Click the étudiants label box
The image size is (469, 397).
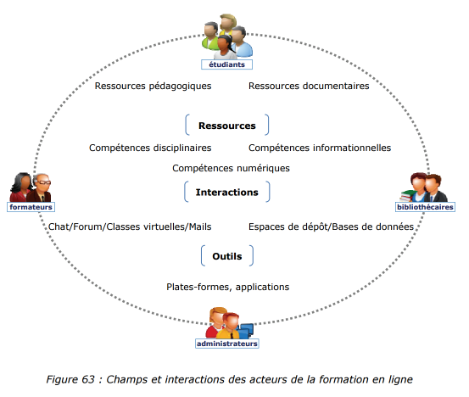pyautogui.click(x=226, y=64)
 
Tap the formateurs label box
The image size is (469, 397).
pyautogui.click(x=31, y=207)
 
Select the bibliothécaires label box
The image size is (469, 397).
pyautogui.click(x=425, y=207)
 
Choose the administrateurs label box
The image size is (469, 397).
pyautogui.click(x=227, y=344)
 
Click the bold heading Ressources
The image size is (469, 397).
pyautogui.click(x=227, y=126)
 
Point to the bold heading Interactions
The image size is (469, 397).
pyautogui.click(x=227, y=192)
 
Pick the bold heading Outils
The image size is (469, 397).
pyautogui.click(x=227, y=256)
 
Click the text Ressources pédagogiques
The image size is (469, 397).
pyautogui.click(x=153, y=87)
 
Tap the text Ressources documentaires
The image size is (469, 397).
pyautogui.click(x=309, y=86)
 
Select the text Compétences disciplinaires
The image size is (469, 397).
pyautogui.click(x=150, y=148)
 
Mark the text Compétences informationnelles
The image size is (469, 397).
pyautogui.click(x=320, y=148)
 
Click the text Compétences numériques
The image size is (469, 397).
pyautogui.click(x=231, y=168)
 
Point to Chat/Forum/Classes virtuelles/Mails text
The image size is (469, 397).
pyautogui.click(x=130, y=226)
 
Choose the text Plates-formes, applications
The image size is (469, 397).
pyautogui.click(x=228, y=287)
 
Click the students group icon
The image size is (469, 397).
pyautogui.click(x=227, y=36)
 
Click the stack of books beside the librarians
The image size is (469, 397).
pyautogui.click(x=407, y=195)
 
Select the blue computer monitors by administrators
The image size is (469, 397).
pyautogui.click(x=246, y=330)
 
